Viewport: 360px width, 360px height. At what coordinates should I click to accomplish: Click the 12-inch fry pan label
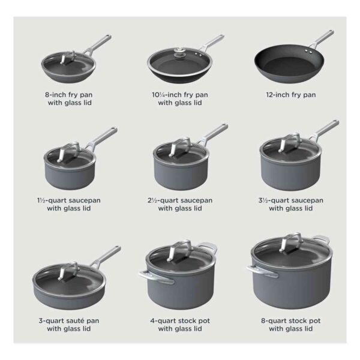coord(291,95)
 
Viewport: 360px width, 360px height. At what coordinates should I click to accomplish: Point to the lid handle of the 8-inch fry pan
coord(67,57)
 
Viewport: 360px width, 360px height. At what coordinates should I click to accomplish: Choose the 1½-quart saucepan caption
coord(69,205)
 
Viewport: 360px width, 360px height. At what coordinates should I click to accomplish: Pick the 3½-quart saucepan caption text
coord(290,205)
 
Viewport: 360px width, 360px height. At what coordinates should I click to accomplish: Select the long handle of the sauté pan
coord(107,256)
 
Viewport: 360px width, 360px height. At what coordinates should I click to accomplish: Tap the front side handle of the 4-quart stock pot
coord(156,277)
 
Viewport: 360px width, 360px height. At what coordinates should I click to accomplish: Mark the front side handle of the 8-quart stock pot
coord(262,271)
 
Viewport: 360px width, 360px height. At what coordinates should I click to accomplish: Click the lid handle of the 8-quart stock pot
coord(291,243)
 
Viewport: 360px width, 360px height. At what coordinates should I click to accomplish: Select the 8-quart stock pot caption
coord(290,325)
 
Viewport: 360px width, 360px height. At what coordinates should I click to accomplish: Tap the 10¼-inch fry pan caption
coord(180,99)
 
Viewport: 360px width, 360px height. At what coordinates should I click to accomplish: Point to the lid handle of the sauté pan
coord(68,271)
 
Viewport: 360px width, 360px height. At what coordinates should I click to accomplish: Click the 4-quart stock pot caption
coord(180,325)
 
